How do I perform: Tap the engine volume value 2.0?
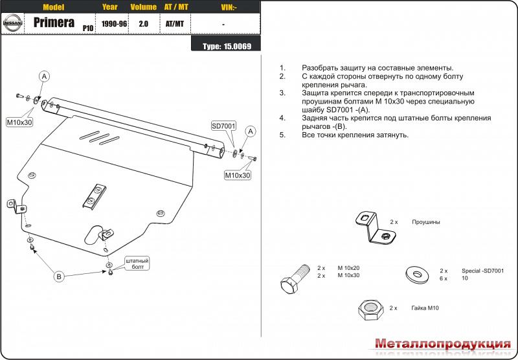click(x=143, y=23)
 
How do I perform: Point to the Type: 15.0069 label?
click(x=227, y=47)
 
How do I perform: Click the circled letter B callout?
click(x=59, y=276)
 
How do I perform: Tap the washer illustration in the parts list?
click(x=415, y=275)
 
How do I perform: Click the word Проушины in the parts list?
click(x=425, y=222)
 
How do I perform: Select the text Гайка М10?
click(x=425, y=308)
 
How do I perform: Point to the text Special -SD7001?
click(x=482, y=271)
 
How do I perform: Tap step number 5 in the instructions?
click(x=282, y=135)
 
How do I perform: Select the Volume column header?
click(x=143, y=8)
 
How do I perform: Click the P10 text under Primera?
click(x=87, y=28)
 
